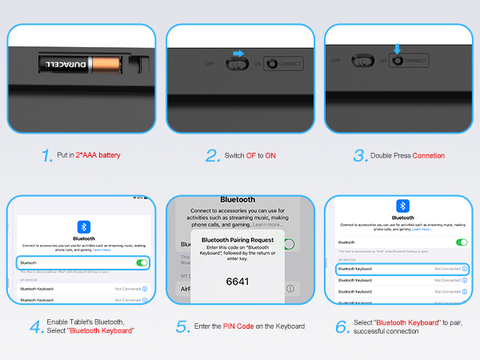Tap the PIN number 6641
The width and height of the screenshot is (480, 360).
tap(237, 281)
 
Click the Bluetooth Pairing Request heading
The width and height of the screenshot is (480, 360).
tap(237, 239)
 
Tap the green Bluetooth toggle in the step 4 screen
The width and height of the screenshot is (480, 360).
tap(142, 262)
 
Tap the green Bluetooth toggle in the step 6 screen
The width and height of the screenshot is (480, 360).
tap(461, 242)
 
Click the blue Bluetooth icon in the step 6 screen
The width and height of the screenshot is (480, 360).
tap(403, 206)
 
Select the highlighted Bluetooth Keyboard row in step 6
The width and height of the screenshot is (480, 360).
tap(402, 269)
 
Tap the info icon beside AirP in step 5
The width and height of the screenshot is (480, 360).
tap(290, 288)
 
